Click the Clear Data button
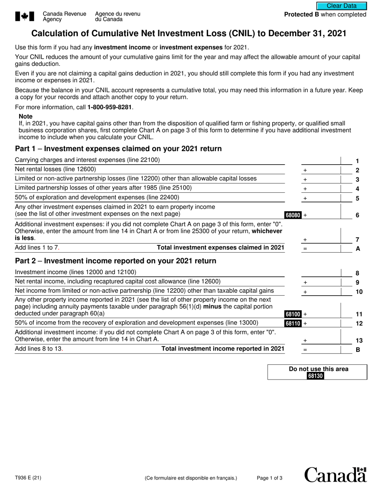pyautogui.click(x=341, y=6)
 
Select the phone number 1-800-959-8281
pyautogui.click(x=110, y=107)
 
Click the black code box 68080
pyautogui.click(x=293, y=215)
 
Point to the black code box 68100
pyautogui.click(x=293, y=314)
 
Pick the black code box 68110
pyautogui.click(x=293, y=323)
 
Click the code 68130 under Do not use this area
pyautogui.click(x=316, y=376)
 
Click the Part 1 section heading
pyautogui.click(x=118, y=149)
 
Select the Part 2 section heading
pyautogui.click(x=115, y=261)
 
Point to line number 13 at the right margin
pyautogui.click(x=359, y=341)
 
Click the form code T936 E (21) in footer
pyautogui.click(x=28, y=478)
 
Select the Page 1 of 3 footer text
pyautogui.click(x=269, y=478)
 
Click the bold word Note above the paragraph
pyautogui.click(x=26, y=116)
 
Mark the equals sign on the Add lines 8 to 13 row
pyautogui.click(x=305, y=350)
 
